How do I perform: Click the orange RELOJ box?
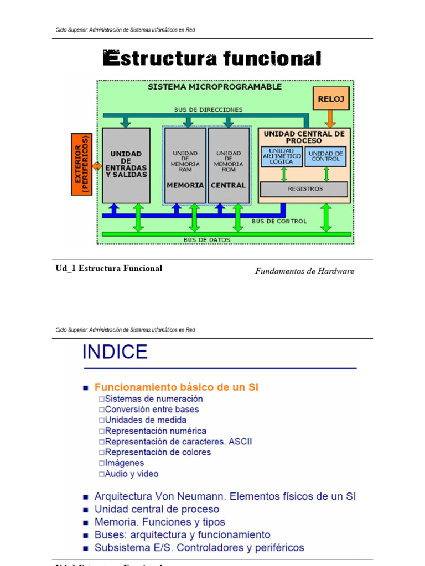(x=331, y=99)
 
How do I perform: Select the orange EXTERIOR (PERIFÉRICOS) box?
(x=81, y=165)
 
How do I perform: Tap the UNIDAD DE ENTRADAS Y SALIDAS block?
(x=126, y=165)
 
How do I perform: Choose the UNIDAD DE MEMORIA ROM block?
(x=229, y=165)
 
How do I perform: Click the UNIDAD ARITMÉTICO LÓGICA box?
(x=282, y=156)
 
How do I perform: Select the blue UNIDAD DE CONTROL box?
(x=325, y=156)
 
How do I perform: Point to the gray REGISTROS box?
(x=304, y=189)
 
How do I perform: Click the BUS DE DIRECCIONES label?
(x=208, y=109)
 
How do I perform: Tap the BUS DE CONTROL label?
(x=279, y=221)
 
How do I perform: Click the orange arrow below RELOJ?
(x=330, y=118)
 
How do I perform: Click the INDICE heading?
(x=115, y=352)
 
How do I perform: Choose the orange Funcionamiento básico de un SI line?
(x=176, y=387)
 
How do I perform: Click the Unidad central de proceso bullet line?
(x=157, y=509)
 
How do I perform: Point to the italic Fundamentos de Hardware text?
(x=304, y=271)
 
